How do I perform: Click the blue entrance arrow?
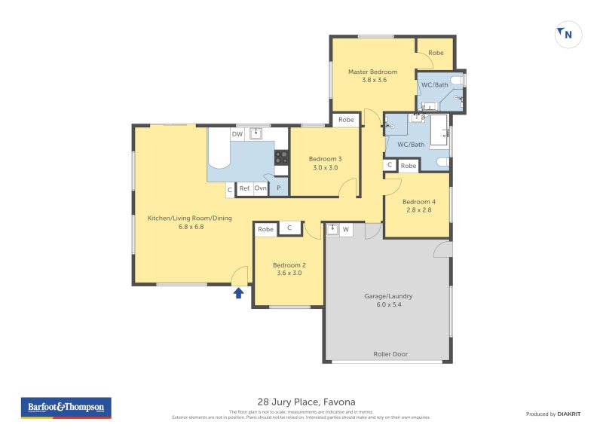click(x=238, y=293)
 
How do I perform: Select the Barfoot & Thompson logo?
click(x=66, y=408)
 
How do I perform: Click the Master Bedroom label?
click(x=372, y=72)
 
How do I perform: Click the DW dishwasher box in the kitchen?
click(x=237, y=134)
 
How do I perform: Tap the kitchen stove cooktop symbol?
click(x=281, y=157)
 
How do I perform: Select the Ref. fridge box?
click(x=245, y=188)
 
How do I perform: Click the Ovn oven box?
click(x=260, y=188)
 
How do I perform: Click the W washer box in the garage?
click(x=346, y=230)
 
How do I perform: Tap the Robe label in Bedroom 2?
click(x=265, y=229)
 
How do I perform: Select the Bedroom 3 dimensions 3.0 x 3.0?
click(x=325, y=168)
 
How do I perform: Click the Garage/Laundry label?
click(x=388, y=296)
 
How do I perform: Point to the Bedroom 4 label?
click(x=418, y=202)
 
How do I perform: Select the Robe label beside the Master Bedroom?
click(x=436, y=53)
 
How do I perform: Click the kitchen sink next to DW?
click(x=256, y=133)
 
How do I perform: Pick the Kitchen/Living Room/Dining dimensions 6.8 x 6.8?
click(x=189, y=227)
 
